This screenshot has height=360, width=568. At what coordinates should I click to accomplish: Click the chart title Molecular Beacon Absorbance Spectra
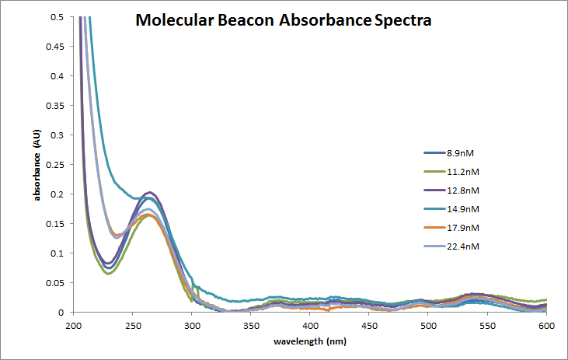[x=283, y=21]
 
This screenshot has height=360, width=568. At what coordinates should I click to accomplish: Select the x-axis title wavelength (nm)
[x=310, y=341]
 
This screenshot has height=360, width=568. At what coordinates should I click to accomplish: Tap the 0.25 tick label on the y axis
[x=56, y=165]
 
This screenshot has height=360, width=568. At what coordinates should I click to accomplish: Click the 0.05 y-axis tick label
[x=56, y=283]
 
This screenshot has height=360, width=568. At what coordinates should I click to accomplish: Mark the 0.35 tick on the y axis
[x=56, y=106]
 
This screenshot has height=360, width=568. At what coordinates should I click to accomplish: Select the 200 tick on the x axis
[x=74, y=324]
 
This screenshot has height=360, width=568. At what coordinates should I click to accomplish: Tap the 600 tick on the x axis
[x=546, y=324]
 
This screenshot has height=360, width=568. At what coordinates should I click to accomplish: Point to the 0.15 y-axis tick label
[x=56, y=224]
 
